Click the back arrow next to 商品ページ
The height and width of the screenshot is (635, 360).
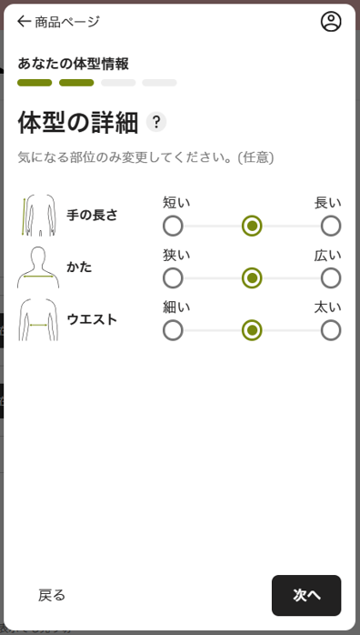pyautogui.click(x=24, y=22)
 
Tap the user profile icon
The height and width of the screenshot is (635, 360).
pyautogui.click(x=331, y=22)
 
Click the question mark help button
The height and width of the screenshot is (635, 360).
pyautogui.click(x=156, y=122)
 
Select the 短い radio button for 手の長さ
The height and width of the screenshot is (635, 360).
pyautogui.click(x=173, y=226)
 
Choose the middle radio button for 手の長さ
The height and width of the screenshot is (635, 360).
pyautogui.click(x=252, y=226)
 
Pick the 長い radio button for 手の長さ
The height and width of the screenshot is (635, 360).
pyautogui.click(x=331, y=226)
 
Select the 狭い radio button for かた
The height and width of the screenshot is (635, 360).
pyautogui.click(x=173, y=278)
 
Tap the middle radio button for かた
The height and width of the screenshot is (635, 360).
pyautogui.click(x=252, y=278)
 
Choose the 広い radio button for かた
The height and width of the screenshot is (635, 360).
pyautogui.click(x=331, y=278)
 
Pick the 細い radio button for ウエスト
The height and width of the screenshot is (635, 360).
pyautogui.click(x=173, y=330)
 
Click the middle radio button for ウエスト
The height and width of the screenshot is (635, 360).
pyautogui.click(x=252, y=330)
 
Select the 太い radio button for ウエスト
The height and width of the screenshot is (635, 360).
pyautogui.click(x=331, y=330)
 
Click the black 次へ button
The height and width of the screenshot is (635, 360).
pyautogui.click(x=306, y=595)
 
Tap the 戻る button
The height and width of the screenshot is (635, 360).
pyautogui.click(x=52, y=595)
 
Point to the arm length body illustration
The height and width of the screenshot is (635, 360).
pyautogui.click(x=38, y=215)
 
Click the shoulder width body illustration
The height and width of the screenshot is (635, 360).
pyautogui.click(x=38, y=267)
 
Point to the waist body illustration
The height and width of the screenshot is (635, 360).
pyautogui.click(x=38, y=319)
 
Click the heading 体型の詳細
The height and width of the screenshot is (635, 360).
pyautogui.click(x=78, y=123)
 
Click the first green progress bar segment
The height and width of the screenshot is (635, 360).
pyautogui.click(x=35, y=83)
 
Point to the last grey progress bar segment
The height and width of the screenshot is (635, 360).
pyautogui.click(x=159, y=83)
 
